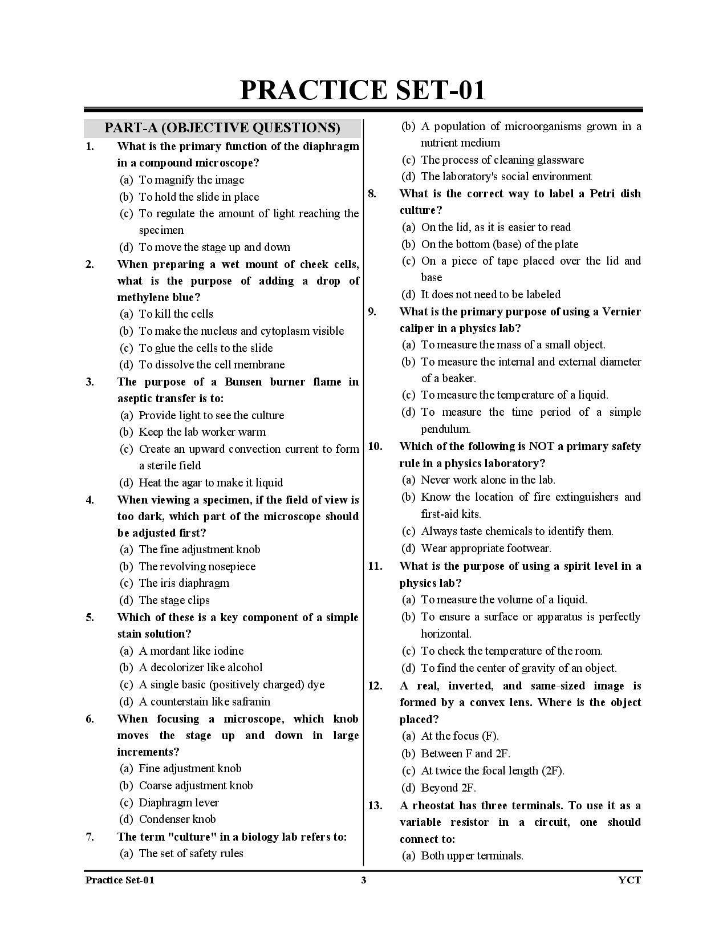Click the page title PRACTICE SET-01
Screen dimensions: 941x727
point(363,90)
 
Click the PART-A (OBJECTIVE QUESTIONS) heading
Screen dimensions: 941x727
point(222,128)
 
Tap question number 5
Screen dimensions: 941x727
point(90,617)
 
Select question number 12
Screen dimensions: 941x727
point(375,686)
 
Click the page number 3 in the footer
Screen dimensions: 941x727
point(363,880)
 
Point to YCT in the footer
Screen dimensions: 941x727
point(629,880)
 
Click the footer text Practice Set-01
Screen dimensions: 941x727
point(120,880)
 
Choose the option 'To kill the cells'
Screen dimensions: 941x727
point(176,314)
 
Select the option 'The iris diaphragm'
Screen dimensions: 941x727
point(184,583)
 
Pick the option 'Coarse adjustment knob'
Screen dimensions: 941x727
point(196,785)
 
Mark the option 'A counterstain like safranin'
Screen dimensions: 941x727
point(204,701)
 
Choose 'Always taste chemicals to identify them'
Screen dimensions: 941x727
point(517,531)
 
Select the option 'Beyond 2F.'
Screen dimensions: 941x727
point(448,788)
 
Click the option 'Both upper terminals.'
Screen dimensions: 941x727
point(472,855)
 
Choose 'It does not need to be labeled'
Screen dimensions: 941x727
point(490,294)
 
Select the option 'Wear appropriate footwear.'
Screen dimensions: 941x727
point(486,548)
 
